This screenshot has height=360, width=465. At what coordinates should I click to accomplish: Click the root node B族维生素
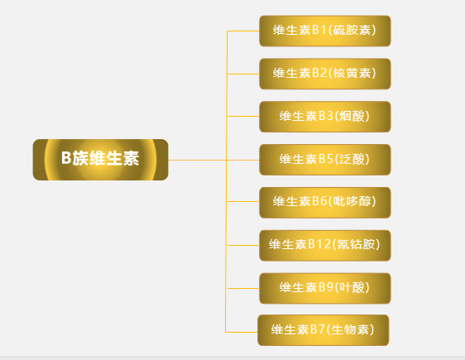[x=101, y=160]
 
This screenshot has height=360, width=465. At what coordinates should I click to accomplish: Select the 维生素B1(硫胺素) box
[x=324, y=31]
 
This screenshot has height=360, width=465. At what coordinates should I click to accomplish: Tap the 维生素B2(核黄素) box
[x=324, y=74]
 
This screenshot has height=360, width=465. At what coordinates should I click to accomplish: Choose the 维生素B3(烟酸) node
[x=324, y=117]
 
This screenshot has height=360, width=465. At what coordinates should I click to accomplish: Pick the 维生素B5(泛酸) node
[x=324, y=160]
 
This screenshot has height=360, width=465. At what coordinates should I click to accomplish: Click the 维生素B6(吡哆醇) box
[x=324, y=203]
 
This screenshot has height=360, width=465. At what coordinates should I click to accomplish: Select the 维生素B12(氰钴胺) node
[x=324, y=246]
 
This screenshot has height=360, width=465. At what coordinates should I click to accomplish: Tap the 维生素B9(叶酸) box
[x=324, y=289]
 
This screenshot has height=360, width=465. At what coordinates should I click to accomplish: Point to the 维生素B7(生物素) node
[x=323, y=330]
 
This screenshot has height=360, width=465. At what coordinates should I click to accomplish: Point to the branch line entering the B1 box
[x=243, y=31]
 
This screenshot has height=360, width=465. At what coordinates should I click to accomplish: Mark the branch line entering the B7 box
[x=242, y=332]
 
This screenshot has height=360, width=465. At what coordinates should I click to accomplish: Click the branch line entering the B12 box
[x=243, y=246]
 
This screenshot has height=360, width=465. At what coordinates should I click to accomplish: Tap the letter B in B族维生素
[x=66, y=158]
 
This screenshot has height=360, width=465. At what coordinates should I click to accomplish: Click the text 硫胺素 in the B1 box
[x=352, y=31]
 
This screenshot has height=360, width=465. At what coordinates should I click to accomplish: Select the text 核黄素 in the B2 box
[x=352, y=74]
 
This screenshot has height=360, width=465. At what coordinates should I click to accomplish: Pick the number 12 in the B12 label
[x=324, y=244]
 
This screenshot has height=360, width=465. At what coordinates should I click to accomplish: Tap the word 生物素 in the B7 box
[x=350, y=329]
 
